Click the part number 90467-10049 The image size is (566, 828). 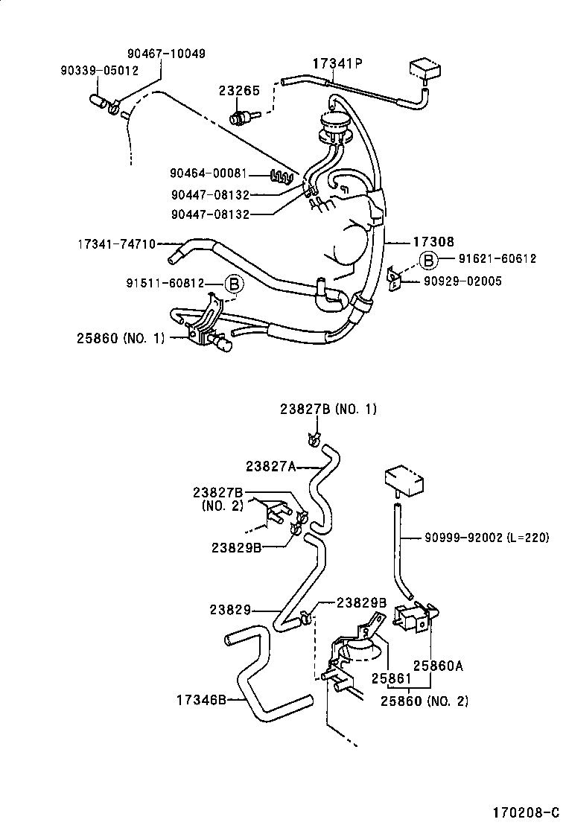(x=166, y=54)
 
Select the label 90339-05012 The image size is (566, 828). (x=99, y=71)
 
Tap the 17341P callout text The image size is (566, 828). (x=336, y=64)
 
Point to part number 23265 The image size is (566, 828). (x=238, y=90)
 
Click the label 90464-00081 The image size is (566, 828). (x=208, y=173)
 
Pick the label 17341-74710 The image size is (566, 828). (x=117, y=243)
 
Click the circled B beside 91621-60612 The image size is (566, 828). (x=428, y=259)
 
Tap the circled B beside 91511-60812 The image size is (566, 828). (x=233, y=283)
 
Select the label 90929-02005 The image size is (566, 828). (x=462, y=281)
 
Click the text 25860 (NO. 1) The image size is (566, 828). (x=120, y=337)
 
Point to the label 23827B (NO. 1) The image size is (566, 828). (x=328, y=409)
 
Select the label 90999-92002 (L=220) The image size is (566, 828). (x=487, y=537)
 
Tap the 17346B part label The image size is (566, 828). (x=201, y=699)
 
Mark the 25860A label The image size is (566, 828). (x=439, y=666)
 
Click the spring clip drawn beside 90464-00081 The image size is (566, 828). (x=282, y=176)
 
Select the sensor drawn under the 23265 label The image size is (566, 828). (x=244, y=117)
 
